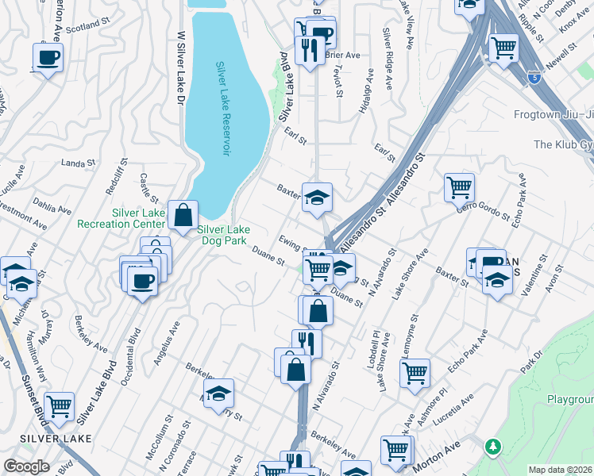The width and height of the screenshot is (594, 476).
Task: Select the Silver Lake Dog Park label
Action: [223, 235]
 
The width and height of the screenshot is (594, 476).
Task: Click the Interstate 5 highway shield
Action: [534, 78]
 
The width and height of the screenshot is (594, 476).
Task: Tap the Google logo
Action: [26, 466]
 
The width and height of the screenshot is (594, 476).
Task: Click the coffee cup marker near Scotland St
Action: [48, 58]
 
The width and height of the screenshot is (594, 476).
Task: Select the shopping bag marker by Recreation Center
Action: [183, 214]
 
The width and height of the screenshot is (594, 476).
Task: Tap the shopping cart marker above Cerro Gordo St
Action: [459, 188]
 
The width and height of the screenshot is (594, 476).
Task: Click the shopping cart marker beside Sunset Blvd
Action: [60, 406]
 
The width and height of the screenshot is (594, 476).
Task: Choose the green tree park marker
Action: [494, 447]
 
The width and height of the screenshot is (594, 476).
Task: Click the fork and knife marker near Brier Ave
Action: [307, 50]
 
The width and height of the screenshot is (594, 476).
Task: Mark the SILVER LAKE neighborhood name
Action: [56, 438]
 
